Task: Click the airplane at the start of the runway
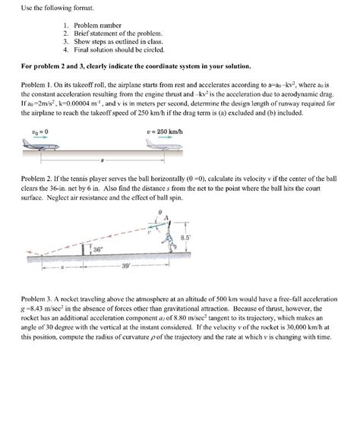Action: [40, 145]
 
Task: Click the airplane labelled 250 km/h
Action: [164, 145]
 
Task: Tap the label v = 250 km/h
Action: [165, 132]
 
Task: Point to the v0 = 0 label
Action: [40, 132]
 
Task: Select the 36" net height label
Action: [97, 250]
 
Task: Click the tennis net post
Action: [84, 250]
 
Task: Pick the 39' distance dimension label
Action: [125, 266]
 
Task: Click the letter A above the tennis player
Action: [166, 218]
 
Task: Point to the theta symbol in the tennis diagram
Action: [160, 212]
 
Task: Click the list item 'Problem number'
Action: [98, 26]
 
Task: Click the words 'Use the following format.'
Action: [58, 8]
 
